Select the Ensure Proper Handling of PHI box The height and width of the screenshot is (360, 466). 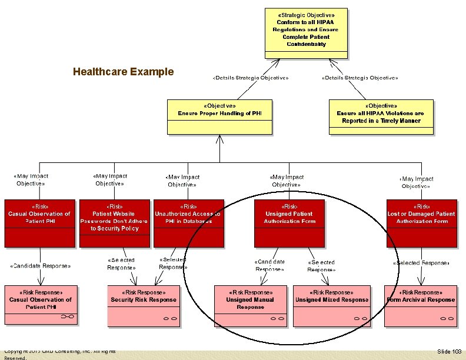click(x=219, y=115)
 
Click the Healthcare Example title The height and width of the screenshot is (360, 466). click(x=124, y=72)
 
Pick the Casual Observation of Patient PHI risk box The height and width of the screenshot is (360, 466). click(x=39, y=223)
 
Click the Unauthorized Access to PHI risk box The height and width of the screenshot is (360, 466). click(x=188, y=223)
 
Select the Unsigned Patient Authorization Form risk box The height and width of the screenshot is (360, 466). click(x=289, y=223)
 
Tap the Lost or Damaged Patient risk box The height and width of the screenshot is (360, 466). click(x=421, y=223)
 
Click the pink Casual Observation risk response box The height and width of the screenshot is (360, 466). click(x=40, y=306)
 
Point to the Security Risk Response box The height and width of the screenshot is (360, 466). click(x=143, y=306)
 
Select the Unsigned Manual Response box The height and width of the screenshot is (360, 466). click(x=250, y=306)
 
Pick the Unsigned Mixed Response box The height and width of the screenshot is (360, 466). click(x=332, y=306)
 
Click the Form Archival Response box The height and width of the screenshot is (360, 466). click(x=421, y=306)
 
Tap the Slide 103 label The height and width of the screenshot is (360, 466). click(x=449, y=351)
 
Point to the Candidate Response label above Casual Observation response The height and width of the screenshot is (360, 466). click(x=40, y=266)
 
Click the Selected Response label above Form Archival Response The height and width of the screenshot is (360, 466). click(x=421, y=263)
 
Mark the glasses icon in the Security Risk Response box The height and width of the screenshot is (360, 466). click(x=171, y=318)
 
